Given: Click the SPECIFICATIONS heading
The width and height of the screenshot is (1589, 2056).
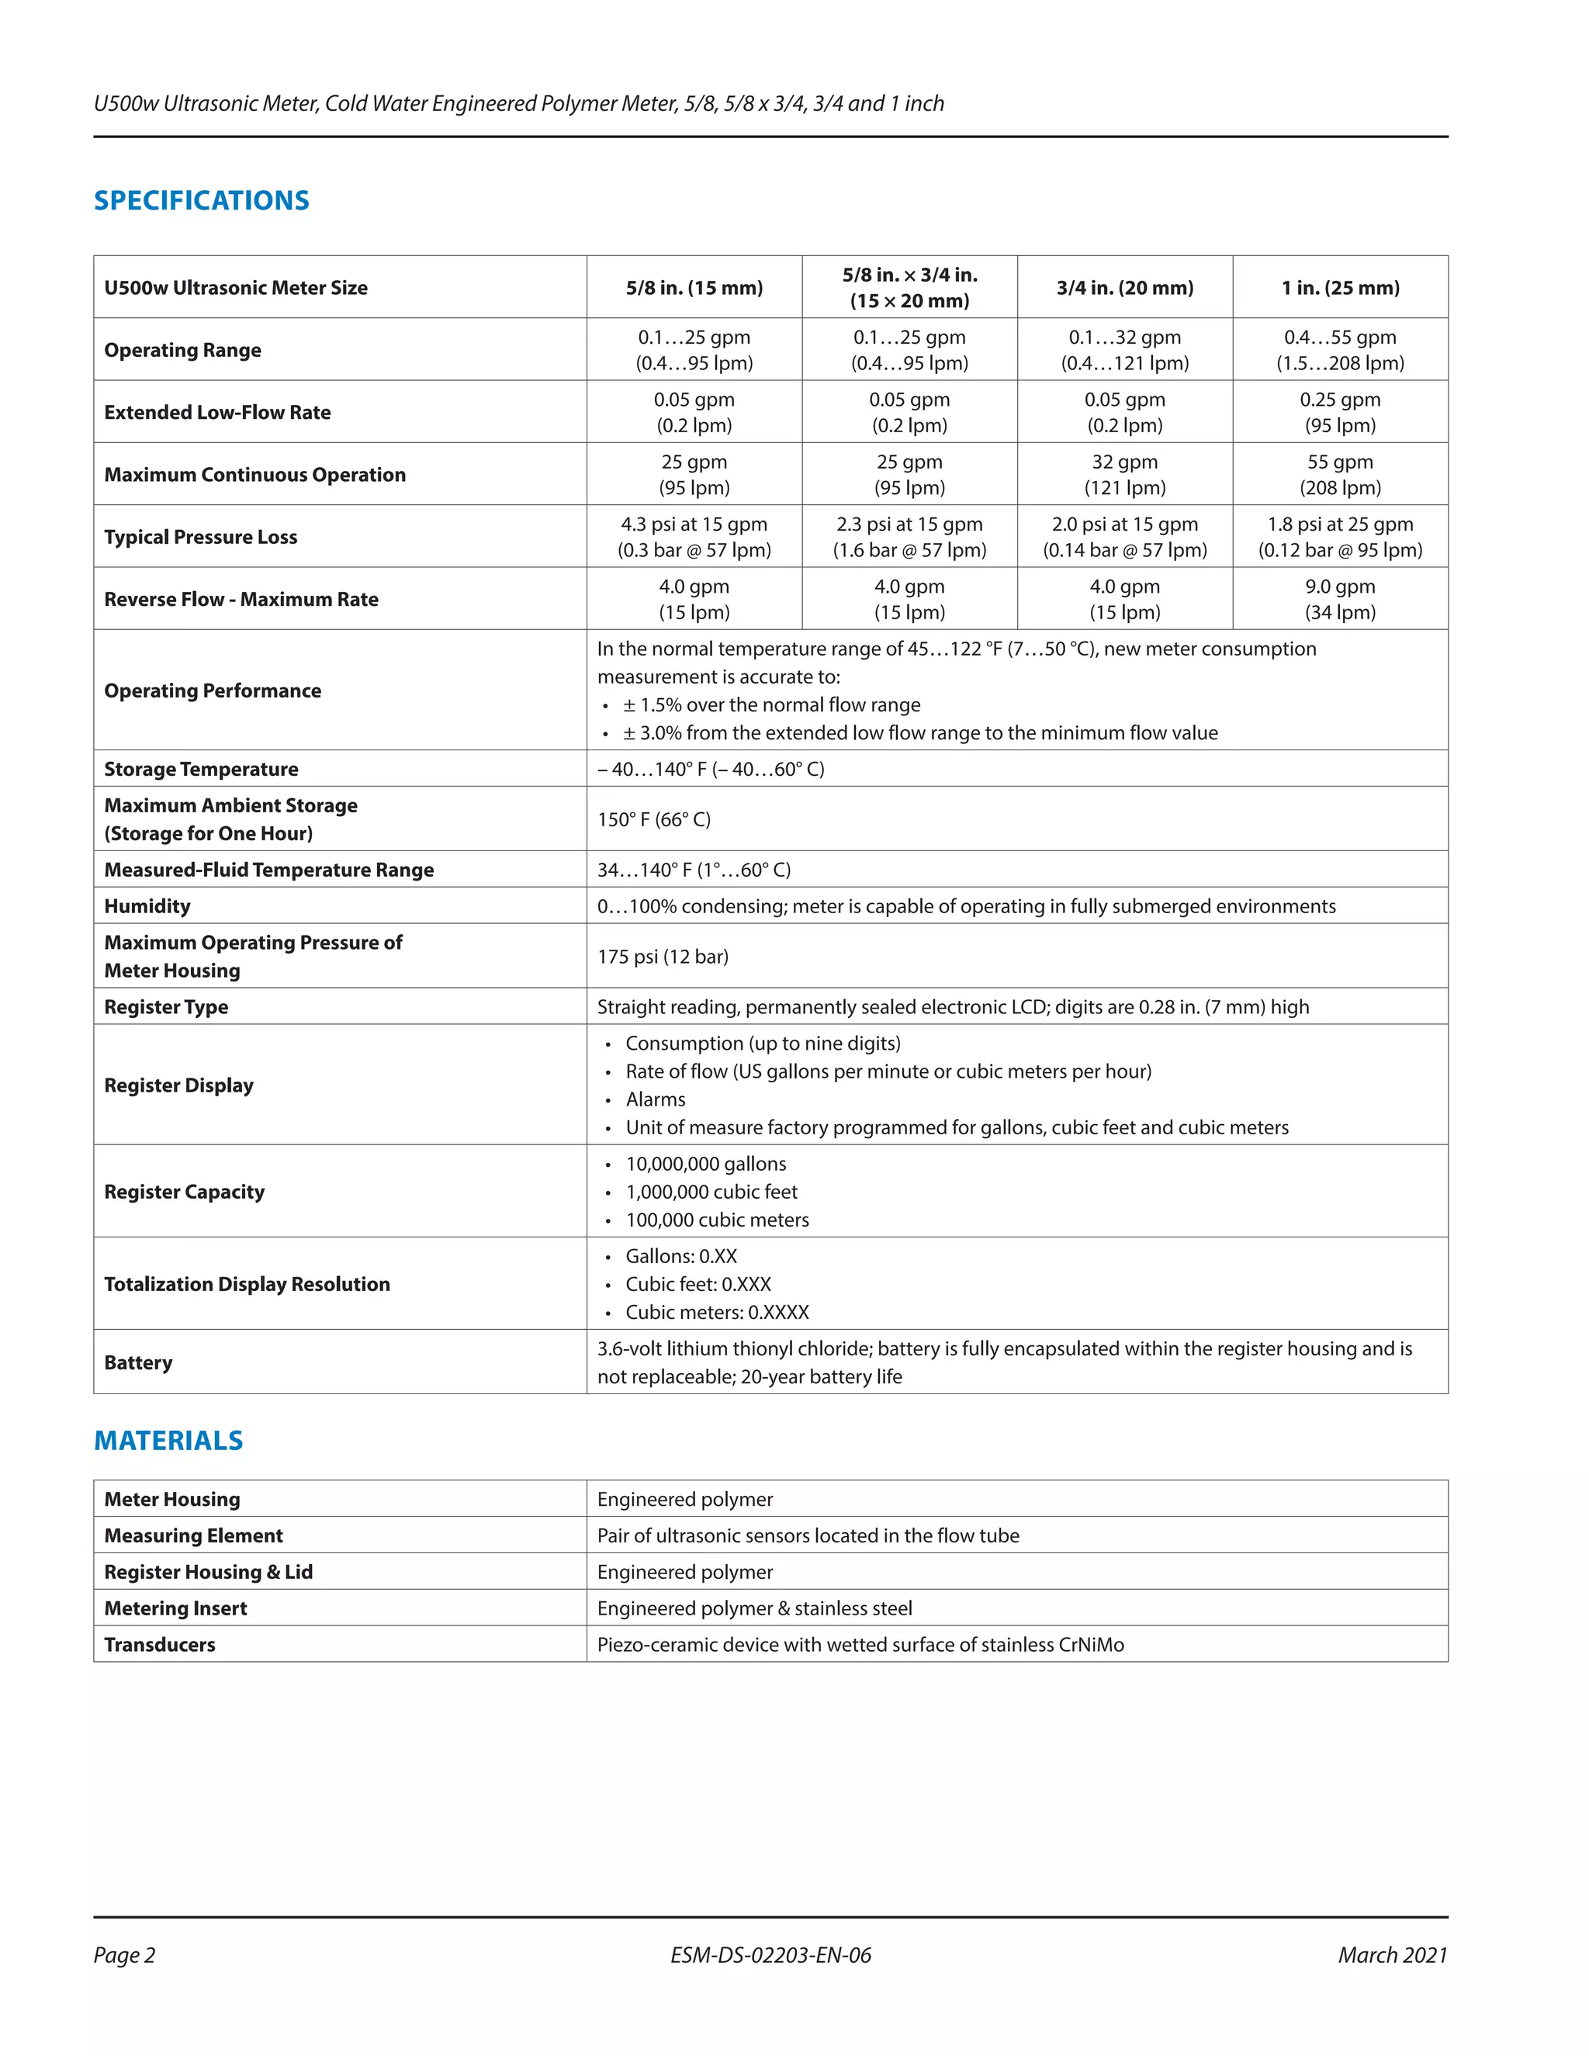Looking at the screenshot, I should (x=202, y=200).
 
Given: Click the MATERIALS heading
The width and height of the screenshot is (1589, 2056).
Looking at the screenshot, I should (x=168, y=1440).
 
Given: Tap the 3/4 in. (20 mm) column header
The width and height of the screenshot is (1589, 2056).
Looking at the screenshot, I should (x=1124, y=288).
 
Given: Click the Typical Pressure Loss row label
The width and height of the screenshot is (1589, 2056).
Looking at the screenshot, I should (x=200, y=537).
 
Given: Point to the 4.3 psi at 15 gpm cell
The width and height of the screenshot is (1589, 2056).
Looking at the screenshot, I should (x=694, y=524).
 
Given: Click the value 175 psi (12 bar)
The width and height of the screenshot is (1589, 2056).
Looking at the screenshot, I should (x=663, y=957).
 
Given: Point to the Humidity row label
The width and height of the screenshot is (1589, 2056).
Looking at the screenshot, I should (x=147, y=905).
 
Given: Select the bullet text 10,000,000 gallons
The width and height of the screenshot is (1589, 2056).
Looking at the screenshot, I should (x=706, y=1164).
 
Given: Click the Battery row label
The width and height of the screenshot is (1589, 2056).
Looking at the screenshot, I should (x=138, y=1362).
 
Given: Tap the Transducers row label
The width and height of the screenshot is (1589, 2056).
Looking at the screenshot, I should (x=159, y=1645).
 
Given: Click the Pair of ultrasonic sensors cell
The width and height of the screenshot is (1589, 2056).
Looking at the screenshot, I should (x=808, y=1535).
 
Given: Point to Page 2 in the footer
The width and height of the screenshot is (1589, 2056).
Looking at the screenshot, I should (x=124, y=1955).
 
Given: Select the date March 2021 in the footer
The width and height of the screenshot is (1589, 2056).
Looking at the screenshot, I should (x=1392, y=1955).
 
